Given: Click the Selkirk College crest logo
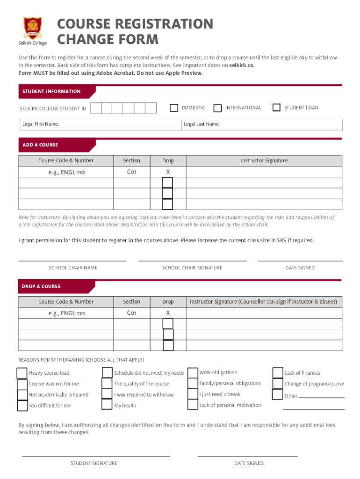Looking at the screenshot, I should pyautogui.click(x=32, y=28).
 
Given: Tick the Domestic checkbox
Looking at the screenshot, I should pyautogui.click(x=174, y=108).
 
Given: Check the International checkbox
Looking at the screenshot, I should pyautogui.click(x=217, y=108).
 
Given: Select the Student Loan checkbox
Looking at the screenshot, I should pyautogui.click(x=276, y=108).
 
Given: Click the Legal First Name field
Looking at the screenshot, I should pyautogui.click(x=100, y=124).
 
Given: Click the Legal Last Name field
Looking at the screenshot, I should pyautogui.click(x=262, y=124).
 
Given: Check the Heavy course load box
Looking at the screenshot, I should pyautogui.click(x=22, y=373).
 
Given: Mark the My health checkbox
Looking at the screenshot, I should pyautogui.click(x=107, y=405).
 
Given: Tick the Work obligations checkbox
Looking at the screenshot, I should pyautogui.click(x=193, y=373).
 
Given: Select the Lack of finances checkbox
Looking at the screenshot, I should pyautogui.click(x=278, y=373).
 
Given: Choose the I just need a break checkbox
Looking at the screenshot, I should pyautogui.click(x=193, y=394).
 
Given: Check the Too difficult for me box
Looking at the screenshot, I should pyautogui.click(x=22, y=406).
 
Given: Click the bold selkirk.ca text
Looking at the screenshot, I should pyautogui.click(x=242, y=65).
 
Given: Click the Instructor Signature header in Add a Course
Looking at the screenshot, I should pyautogui.click(x=264, y=160).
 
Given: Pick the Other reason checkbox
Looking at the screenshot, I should pyautogui.click(x=278, y=395).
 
